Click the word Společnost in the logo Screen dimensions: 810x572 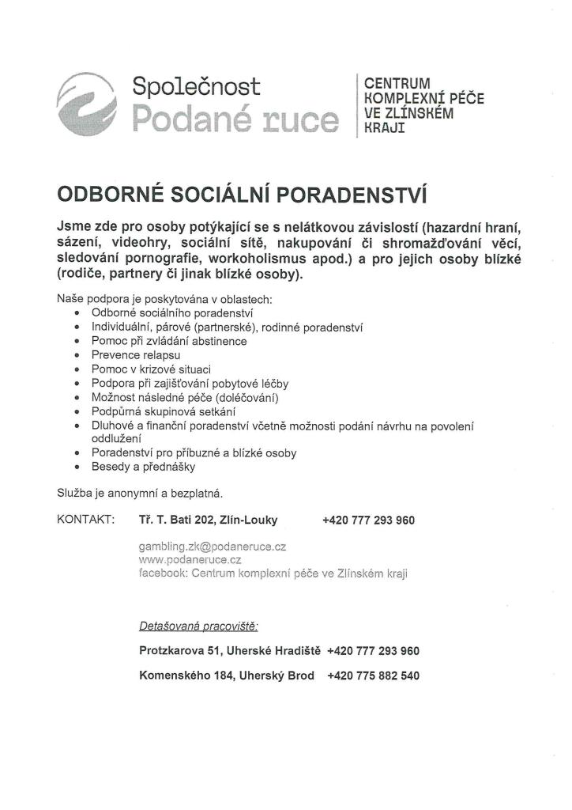click(x=196, y=85)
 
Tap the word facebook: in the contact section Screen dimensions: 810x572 click(x=163, y=573)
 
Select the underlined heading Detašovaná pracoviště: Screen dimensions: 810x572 click(x=198, y=626)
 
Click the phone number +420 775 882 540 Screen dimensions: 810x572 click(x=373, y=676)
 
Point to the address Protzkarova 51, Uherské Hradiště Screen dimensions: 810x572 click(x=229, y=651)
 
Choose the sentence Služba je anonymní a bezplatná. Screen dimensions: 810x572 click(x=140, y=494)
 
